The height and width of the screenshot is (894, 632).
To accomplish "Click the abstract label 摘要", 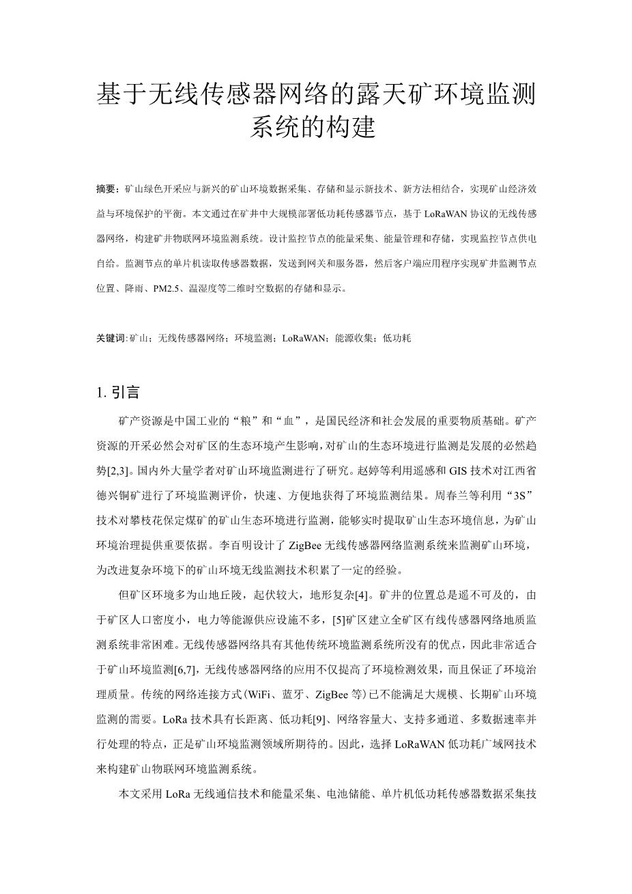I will click(105, 187).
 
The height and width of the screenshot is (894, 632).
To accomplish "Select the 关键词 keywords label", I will click(111, 337).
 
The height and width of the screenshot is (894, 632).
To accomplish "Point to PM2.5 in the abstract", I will click(166, 288).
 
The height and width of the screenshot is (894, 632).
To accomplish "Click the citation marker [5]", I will click(339, 620).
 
